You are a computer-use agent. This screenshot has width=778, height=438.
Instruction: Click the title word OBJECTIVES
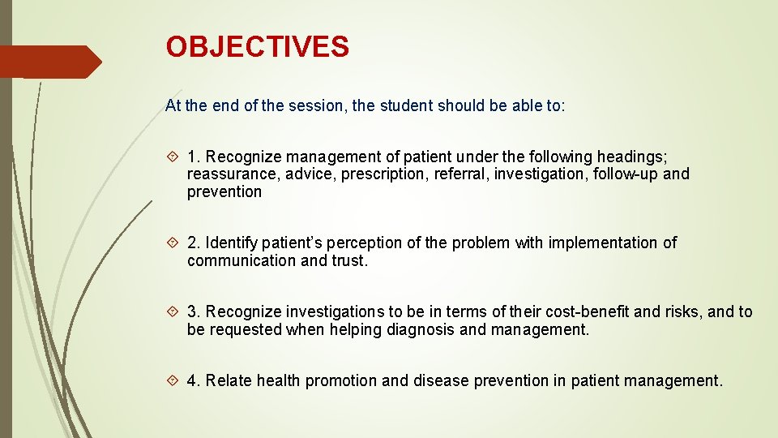tap(257, 47)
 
